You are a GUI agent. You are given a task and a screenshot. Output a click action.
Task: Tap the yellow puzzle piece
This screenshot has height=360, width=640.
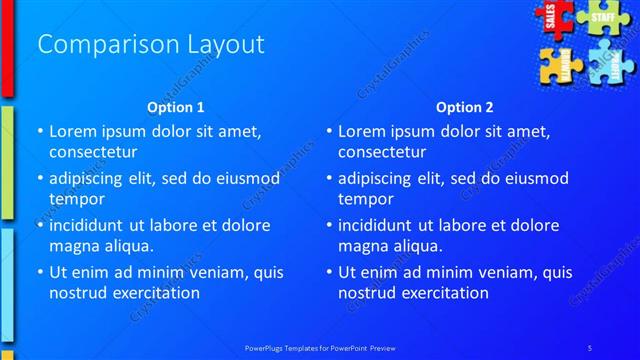point(560,65)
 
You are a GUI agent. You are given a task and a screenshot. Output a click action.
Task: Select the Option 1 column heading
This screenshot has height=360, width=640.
point(176,107)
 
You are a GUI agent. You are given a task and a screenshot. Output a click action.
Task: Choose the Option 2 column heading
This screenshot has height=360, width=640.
point(465,107)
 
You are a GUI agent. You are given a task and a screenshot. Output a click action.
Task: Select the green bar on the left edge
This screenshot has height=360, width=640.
point(6,160)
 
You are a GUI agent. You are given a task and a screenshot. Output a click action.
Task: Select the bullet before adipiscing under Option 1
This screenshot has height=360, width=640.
point(40,179)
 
